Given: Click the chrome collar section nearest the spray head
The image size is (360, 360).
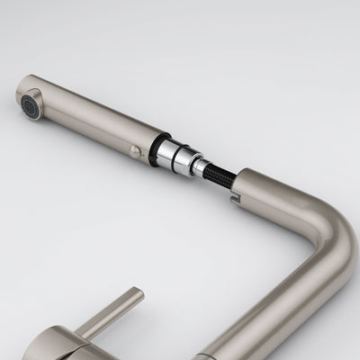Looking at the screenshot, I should pos(172,150).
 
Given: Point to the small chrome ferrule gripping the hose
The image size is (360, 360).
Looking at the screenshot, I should pos(201,164).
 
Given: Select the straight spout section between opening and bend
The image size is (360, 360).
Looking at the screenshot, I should pos(279,193).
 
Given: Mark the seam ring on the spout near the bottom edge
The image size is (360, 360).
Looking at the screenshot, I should pos(270,346).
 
